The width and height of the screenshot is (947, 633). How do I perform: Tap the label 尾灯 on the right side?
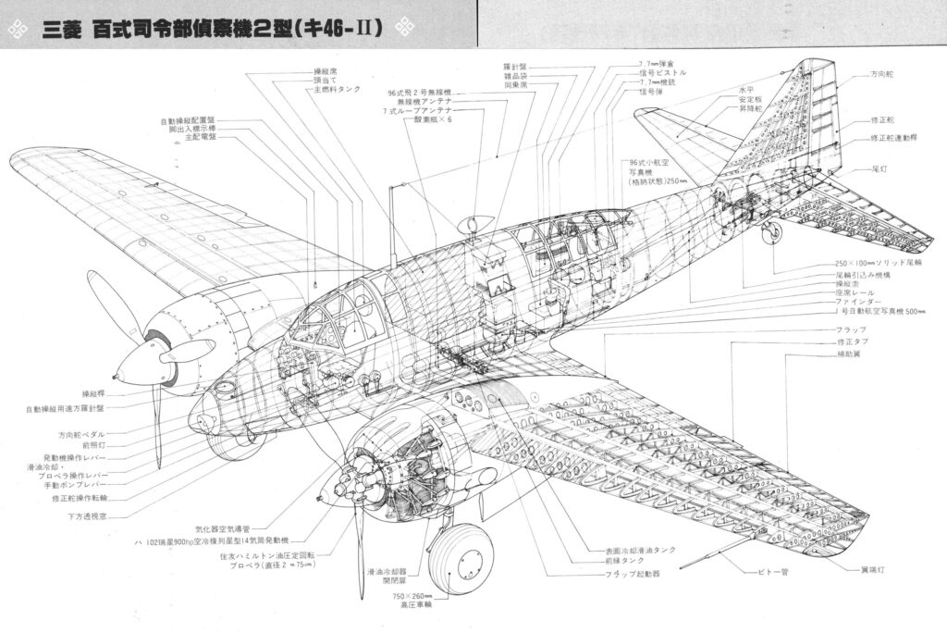click(x=880, y=170)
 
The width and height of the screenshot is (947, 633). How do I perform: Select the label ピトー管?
click(x=772, y=572)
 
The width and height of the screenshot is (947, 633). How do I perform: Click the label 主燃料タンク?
click(x=338, y=91)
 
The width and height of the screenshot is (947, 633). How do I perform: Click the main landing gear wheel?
click(x=461, y=558)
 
